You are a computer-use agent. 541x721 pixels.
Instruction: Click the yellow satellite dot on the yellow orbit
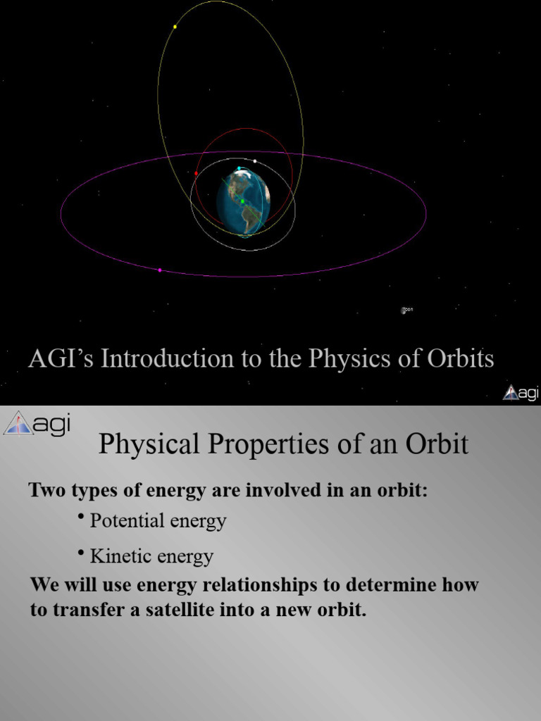175,27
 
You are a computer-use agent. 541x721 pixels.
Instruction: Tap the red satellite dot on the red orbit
196,173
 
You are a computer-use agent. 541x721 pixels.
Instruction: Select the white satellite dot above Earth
254,161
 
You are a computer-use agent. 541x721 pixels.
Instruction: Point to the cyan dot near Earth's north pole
239,168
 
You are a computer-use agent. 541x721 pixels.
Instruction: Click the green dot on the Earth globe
242,201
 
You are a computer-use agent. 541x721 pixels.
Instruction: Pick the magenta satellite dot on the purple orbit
160,270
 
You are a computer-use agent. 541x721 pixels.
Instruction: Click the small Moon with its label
405,310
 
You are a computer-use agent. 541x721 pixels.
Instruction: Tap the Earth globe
243,201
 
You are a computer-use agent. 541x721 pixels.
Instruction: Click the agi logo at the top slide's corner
520,393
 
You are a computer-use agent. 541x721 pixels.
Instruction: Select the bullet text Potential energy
158,521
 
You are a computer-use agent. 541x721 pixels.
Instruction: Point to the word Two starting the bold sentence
43,490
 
